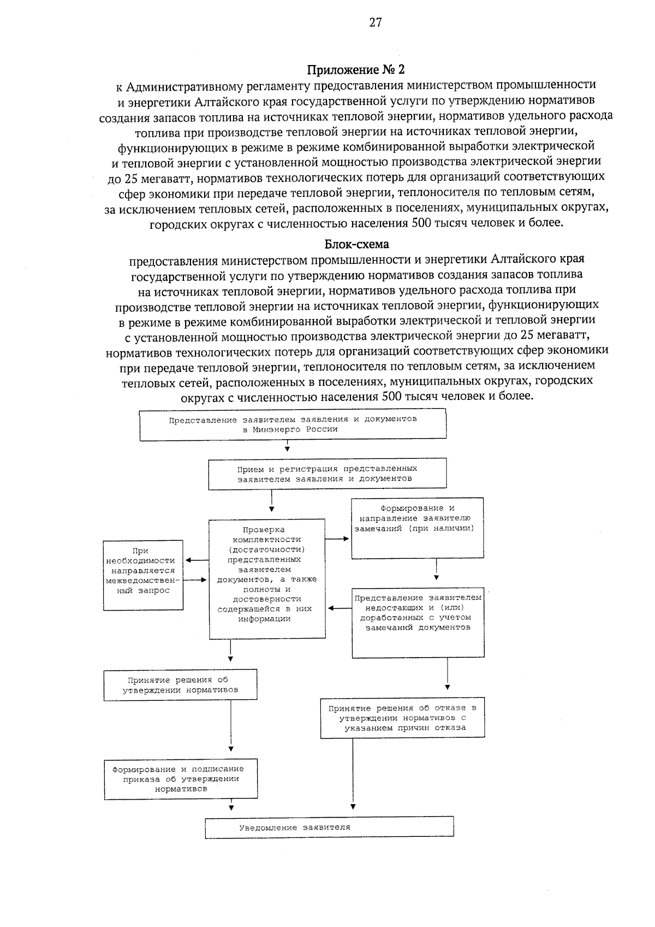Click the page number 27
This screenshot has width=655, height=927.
pos(375,22)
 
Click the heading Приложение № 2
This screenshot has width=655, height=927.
pos(356,70)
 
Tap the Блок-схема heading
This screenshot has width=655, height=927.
pos(356,244)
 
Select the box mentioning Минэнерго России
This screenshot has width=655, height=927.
pos(293,424)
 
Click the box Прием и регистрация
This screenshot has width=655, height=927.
pos(327,474)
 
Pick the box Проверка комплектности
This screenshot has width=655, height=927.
pos(267,578)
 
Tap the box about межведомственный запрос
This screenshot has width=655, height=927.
pos(144,575)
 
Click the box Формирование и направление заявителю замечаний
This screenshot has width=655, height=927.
pos(417,528)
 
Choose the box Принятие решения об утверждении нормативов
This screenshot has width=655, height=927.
pos(180,685)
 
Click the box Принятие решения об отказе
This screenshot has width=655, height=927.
pos(402,718)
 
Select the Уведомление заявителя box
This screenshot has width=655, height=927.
pos(329,826)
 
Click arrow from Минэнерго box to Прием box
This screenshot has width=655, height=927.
pos(287,448)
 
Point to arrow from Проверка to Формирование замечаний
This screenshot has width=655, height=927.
pos(338,539)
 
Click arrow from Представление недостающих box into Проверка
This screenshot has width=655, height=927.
pos(339,608)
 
